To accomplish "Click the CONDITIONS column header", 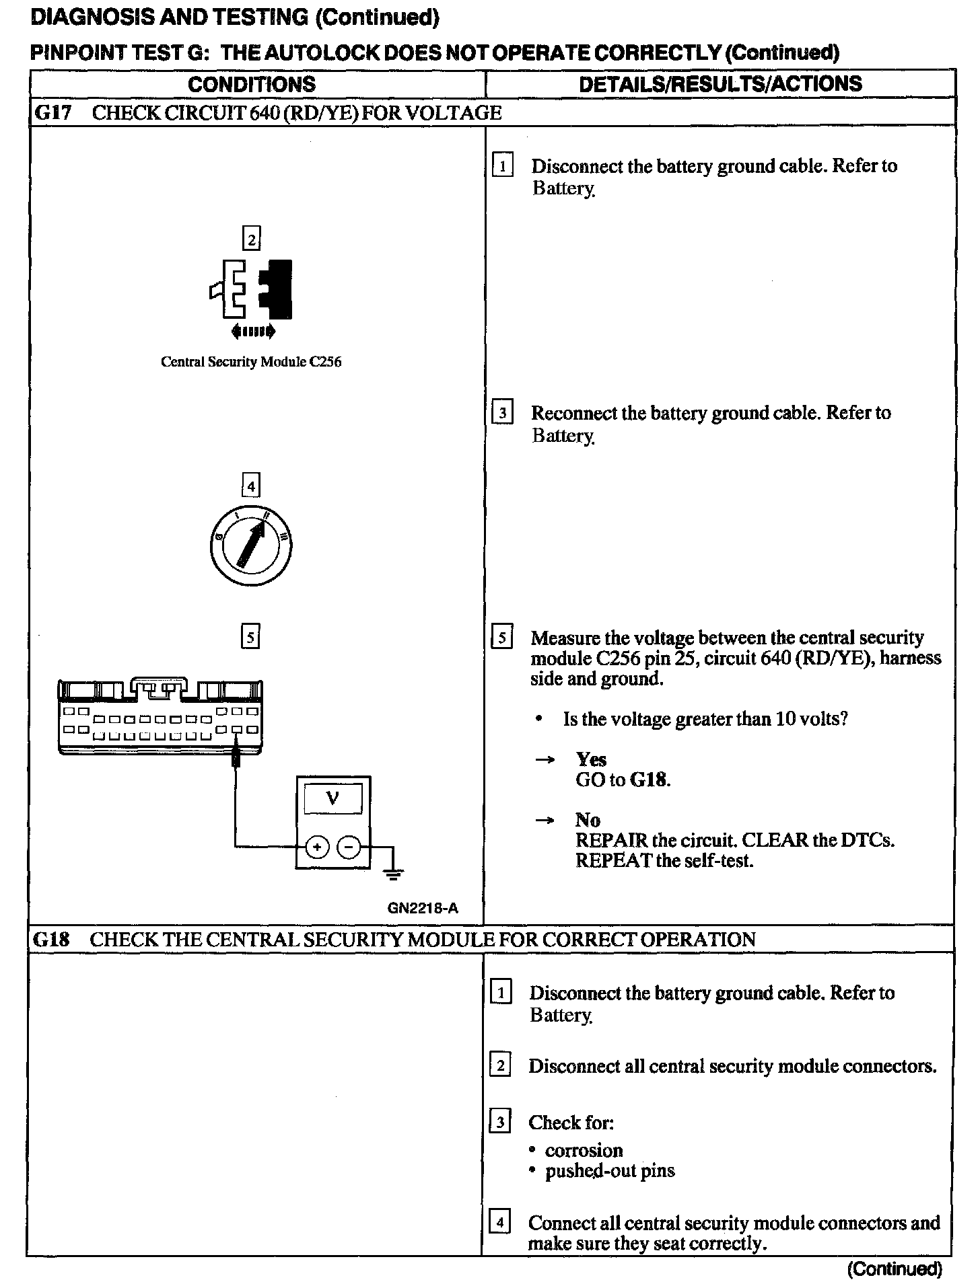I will [252, 84].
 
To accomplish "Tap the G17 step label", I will [52, 112].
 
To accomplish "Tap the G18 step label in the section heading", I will [50, 939].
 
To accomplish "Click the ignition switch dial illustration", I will [250, 545].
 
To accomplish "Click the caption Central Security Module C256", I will [251, 362].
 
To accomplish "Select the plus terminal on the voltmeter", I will [316, 847].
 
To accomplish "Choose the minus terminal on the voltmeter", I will [348, 847].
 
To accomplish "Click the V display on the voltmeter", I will [332, 798].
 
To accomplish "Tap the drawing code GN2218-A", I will [423, 908].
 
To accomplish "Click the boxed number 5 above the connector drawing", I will [250, 636].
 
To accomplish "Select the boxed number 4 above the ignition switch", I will [250, 486].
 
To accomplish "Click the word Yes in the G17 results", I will [591, 759].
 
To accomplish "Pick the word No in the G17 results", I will [588, 820].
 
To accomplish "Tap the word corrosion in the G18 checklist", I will [584, 1150].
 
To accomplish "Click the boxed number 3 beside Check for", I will [499, 1122].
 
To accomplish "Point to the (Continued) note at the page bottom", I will [895, 1269].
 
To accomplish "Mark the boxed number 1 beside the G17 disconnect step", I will [502, 165].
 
